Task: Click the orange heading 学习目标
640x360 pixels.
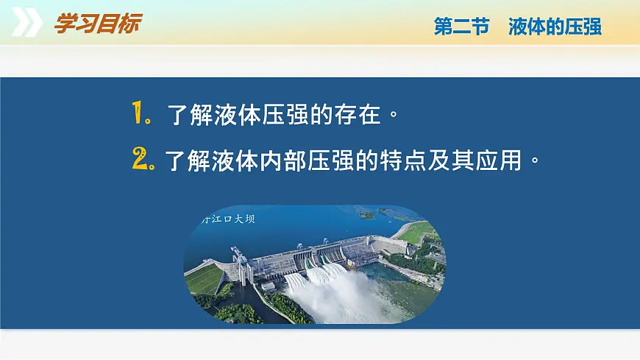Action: coord(96,24)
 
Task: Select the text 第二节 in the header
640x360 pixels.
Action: coord(461,27)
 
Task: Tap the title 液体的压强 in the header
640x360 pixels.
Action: coord(555,27)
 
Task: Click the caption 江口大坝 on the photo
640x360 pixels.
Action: coord(232,219)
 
